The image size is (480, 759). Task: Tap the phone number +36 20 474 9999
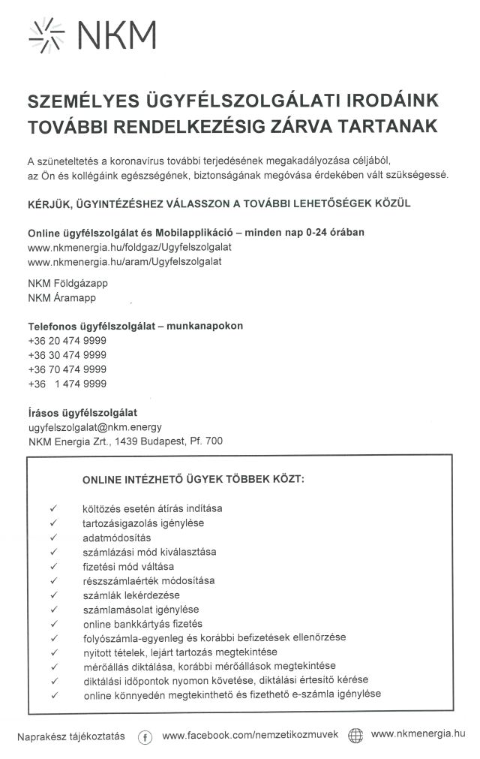[x=67, y=340]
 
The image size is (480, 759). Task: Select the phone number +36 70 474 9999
[x=67, y=369]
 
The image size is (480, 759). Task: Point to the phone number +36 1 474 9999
[x=67, y=384]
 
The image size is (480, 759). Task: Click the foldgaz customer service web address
[x=130, y=247]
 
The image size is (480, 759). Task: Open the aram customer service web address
[x=124, y=261]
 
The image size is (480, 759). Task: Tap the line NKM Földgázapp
[x=64, y=284]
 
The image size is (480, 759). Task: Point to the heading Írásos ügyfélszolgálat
[x=82, y=412]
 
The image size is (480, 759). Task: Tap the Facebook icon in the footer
[x=145, y=736]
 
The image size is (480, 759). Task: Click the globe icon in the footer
[x=355, y=736]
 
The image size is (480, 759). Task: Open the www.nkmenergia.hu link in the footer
[x=418, y=734]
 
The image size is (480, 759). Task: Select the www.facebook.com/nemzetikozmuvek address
[x=250, y=735]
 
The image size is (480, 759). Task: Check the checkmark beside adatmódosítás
[x=54, y=538]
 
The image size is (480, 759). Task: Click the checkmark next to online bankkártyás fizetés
[x=54, y=624]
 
